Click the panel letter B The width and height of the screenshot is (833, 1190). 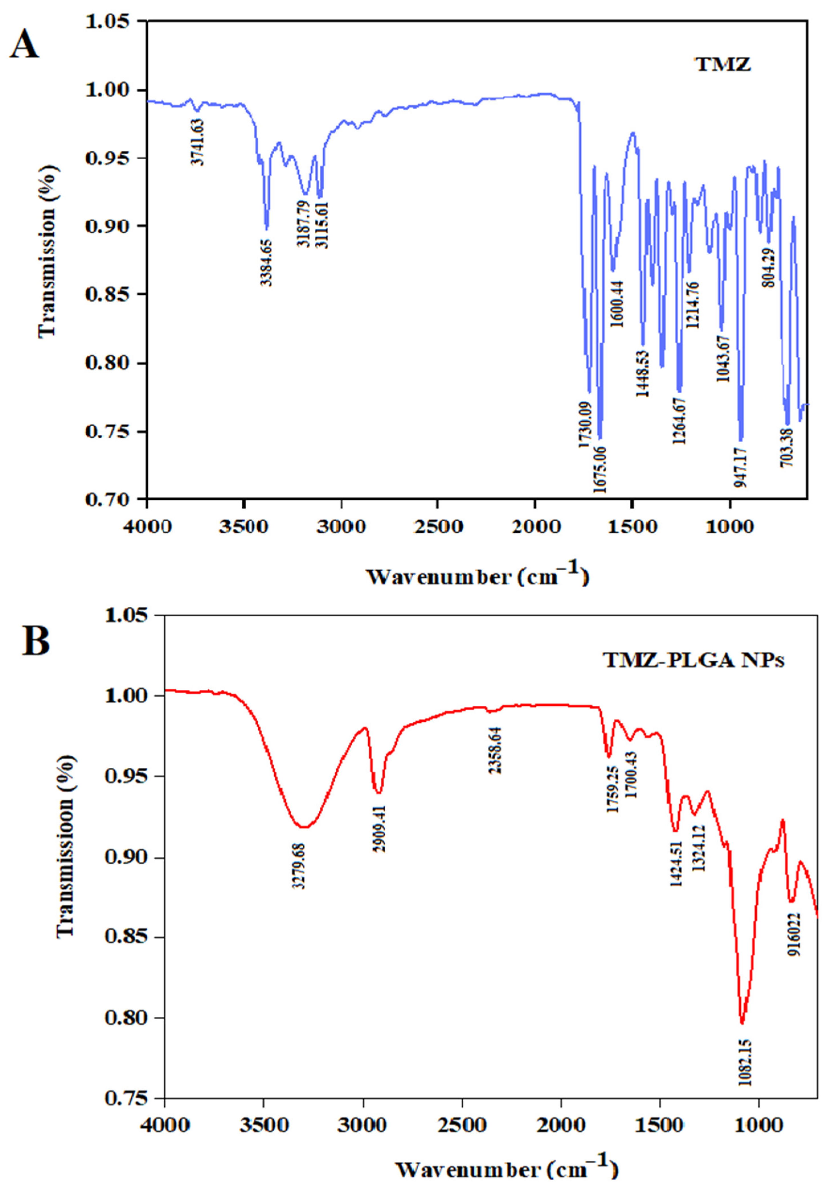pyautogui.click(x=36, y=641)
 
